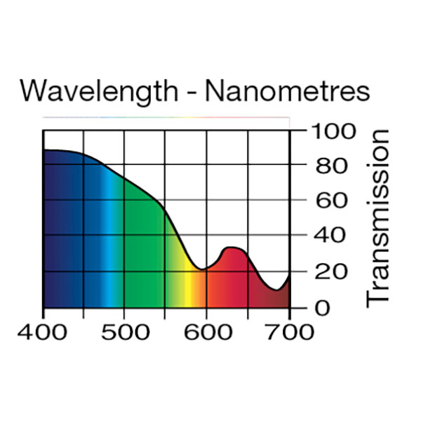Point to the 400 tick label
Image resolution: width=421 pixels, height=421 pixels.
coord(44,330)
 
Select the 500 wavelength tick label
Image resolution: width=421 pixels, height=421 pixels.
coord(124,330)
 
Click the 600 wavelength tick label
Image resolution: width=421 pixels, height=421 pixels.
coord(206,330)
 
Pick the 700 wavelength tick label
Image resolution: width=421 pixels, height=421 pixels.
coord(288,330)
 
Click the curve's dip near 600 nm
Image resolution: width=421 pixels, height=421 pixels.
coord(201,269)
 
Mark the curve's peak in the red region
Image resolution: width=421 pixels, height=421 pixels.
coord(232,248)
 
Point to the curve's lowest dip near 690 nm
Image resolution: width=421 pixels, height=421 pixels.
coord(278,289)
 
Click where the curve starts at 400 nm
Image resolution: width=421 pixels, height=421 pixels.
coord(44,150)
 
